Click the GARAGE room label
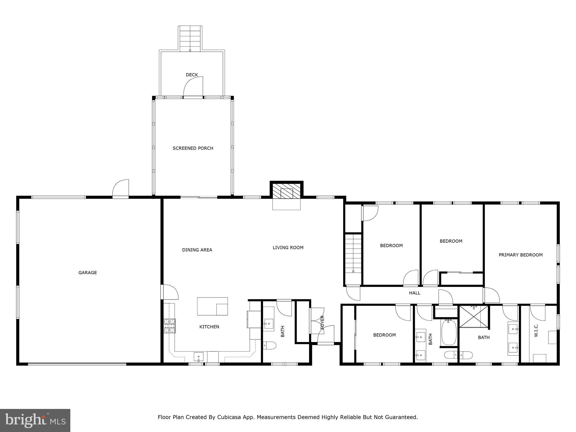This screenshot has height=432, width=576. tap(87, 273)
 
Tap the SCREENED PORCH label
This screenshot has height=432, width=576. tap(193, 148)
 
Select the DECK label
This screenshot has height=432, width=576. tap(192, 75)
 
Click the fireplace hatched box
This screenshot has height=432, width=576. tap(287, 193)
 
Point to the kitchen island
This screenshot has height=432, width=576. tap(212, 306)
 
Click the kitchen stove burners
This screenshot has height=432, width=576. tap(170, 326)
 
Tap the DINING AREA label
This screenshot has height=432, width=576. tap(197, 250)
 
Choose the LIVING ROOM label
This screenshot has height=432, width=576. tap(288, 247)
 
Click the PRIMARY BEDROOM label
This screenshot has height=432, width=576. tap(520, 255)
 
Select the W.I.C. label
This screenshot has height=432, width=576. tap(536, 330)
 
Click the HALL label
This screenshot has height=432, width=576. tap(415, 293)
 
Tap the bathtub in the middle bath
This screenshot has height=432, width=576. tap(449, 333)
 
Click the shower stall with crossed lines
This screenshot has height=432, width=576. tap(474, 316)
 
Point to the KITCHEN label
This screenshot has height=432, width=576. tap(209, 327)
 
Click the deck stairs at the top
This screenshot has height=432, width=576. tap(190, 38)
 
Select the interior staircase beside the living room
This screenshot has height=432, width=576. tap(353, 254)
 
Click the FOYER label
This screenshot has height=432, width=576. tap(322, 322)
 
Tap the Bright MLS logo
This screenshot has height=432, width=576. tap(35, 420)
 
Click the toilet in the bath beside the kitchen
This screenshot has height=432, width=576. tap(269, 345)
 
